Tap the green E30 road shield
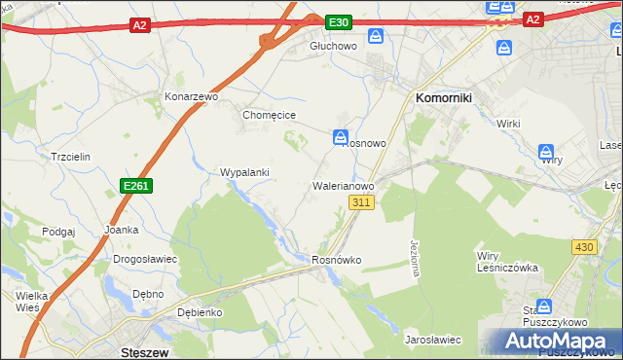click(x=337, y=21)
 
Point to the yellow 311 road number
click(x=361, y=201)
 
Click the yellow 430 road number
click(x=583, y=248)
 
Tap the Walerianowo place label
click(x=343, y=184)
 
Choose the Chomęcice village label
click(x=269, y=115)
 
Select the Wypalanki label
click(x=244, y=172)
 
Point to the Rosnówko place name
click(x=337, y=260)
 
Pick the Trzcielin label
click(x=70, y=157)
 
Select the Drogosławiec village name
click(x=144, y=259)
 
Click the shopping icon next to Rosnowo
click(x=341, y=136)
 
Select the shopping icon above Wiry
click(x=547, y=152)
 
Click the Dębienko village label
click(x=202, y=312)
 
